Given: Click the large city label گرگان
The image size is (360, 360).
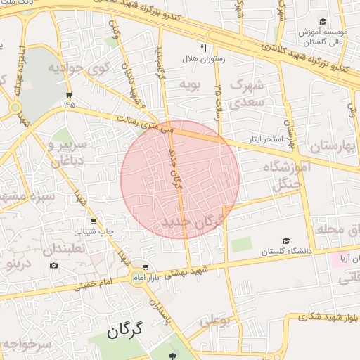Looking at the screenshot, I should point(126,330).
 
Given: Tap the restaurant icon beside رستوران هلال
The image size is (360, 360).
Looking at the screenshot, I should point(203,49).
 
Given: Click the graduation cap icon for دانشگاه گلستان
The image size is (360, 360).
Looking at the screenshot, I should point(285,240).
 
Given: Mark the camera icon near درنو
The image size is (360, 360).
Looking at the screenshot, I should point(53,265).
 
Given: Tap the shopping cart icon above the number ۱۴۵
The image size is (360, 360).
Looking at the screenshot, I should point(68,94).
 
